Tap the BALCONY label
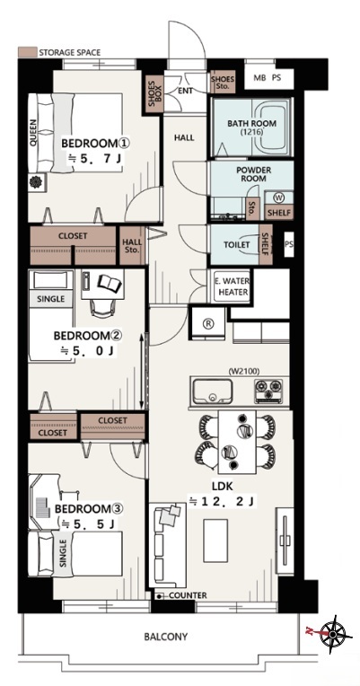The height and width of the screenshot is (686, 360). [x=166, y=637]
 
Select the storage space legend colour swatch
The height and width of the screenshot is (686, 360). [x=26, y=52]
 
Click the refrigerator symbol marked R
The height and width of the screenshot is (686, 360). [x=208, y=323]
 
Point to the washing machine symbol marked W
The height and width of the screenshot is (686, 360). [x=278, y=198]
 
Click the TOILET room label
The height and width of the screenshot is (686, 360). [x=236, y=244]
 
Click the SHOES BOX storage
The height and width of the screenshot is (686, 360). [x=154, y=94]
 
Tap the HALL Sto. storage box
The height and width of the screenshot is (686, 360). [x=131, y=246]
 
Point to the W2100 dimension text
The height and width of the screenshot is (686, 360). [x=243, y=372]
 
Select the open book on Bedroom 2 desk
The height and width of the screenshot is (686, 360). [x=110, y=283]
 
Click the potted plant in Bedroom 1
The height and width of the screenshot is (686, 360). [x=35, y=181]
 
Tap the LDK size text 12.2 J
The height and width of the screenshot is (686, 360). [x=222, y=501]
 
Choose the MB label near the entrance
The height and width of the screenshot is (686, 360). [x=260, y=78]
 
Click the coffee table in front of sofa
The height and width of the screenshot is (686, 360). [x=215, y=541]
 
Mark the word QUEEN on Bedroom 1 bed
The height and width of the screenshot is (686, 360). [x=34, y=132]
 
